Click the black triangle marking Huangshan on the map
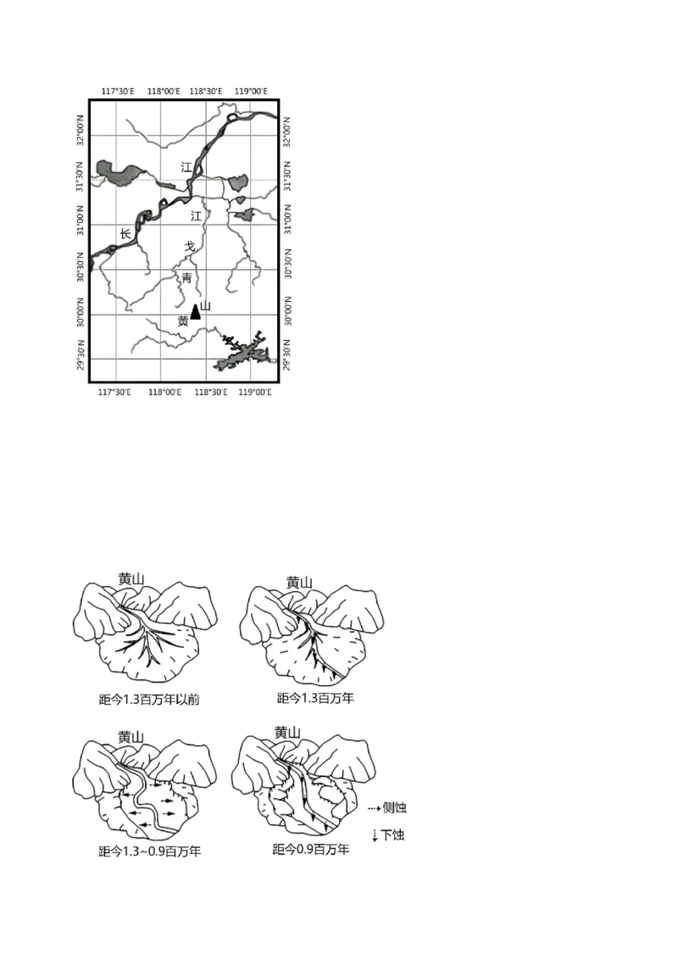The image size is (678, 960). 196,311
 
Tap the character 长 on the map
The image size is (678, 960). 125,234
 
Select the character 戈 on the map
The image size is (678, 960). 190,246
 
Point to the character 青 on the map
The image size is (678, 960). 186,277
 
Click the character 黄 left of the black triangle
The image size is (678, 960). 183,321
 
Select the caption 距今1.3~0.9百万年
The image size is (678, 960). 149,851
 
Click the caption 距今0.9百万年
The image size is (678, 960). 310,849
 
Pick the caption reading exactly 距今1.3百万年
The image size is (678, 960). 315,699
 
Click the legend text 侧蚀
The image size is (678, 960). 394,807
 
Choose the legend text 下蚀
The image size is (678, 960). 392,835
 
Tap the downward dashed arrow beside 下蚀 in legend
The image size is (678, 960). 374,836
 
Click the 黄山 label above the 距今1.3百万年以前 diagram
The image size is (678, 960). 131,580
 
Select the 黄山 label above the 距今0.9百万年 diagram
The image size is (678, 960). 287,733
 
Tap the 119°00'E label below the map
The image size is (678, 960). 253,392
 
